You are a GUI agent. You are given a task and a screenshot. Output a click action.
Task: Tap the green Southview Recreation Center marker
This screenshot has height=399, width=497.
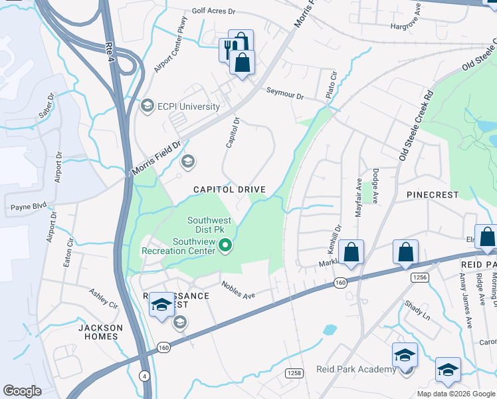(225, 246)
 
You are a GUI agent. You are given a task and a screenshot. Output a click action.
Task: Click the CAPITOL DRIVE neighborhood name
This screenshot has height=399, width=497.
(229, 190)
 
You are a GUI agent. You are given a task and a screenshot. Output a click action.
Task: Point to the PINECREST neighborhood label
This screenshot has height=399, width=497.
(433, 195)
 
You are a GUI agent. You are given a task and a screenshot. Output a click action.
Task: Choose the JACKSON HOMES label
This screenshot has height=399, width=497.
(100, 332)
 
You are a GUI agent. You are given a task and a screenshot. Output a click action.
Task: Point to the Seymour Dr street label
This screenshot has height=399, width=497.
(285, 94)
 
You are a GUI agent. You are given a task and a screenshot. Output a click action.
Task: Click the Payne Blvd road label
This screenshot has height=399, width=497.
(29, 207)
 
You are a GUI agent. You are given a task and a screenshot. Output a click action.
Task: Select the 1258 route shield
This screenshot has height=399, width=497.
(294, 373)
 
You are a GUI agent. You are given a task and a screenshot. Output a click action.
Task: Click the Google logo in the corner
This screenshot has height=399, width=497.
(22, 391)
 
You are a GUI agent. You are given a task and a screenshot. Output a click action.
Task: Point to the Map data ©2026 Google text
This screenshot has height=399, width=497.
(456, 394)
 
